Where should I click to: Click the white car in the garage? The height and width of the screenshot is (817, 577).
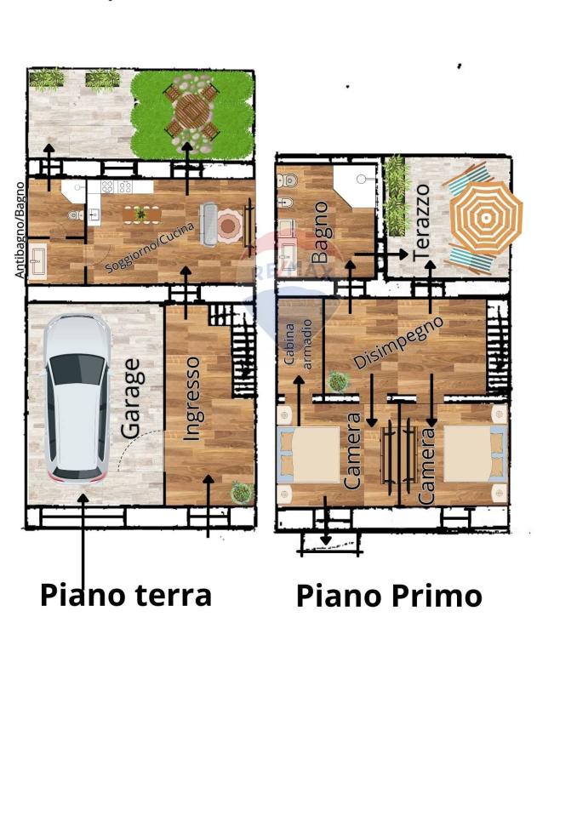point(77,398)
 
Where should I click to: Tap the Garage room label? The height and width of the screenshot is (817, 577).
point(130,398)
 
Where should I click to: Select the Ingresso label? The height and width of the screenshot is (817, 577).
point(191,398)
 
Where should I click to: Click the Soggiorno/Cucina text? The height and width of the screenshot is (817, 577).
point(150,247)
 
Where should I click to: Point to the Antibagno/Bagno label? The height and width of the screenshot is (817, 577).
point(20,230)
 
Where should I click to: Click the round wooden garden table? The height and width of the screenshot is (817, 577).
point(191,111)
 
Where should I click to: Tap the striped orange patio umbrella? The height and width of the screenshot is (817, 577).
point(486,218)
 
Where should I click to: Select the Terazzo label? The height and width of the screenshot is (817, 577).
point(421,223)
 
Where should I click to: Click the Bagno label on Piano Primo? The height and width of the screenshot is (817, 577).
point(319,232)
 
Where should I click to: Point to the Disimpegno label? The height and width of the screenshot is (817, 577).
point(399,342)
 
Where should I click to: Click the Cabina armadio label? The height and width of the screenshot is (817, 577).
point(298,345)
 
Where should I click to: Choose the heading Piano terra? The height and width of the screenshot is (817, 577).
point(126,595)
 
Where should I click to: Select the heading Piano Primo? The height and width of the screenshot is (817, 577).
point(389,596)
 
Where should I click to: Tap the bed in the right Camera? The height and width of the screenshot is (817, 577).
point(474,454)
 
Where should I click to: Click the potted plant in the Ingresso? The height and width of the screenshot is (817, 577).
point(242,492)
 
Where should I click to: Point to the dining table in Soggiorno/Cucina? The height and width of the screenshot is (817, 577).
point(142,214)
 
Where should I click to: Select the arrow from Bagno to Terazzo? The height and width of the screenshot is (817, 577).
point(381,254)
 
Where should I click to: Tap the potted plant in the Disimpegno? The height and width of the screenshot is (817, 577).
point(338,381)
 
